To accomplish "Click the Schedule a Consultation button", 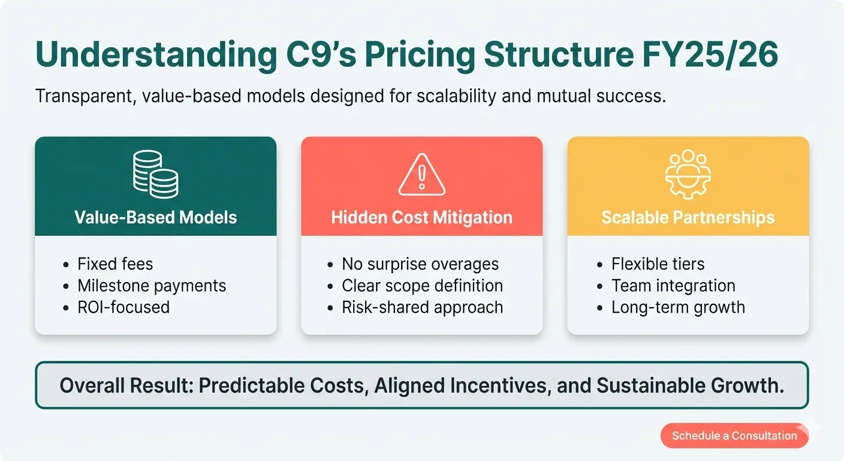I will [734, 436].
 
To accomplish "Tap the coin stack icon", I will [155, 174].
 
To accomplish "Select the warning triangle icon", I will [421, 174].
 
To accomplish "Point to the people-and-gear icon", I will [688, 174].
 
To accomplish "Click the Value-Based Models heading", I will [155, 217].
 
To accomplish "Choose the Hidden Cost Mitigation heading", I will [421, 217].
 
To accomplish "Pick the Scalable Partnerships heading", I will [688, 217].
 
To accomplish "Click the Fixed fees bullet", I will [115, 264].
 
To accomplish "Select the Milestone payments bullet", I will [152, 286].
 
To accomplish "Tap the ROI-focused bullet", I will [123, 307].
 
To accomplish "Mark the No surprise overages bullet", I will [420, 264].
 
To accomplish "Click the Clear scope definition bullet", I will [422, 286].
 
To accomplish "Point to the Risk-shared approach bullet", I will [422, 307].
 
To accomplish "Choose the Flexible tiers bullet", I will [658, 264].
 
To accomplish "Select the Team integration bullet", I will [673, 286].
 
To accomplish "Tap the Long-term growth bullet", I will [678, 307].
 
